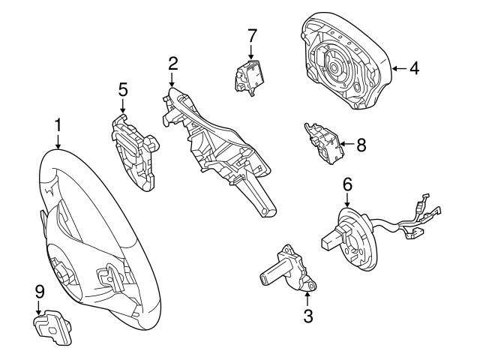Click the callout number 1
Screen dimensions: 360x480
[x=57, y=123]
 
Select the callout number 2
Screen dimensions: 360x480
[x=172, y=63]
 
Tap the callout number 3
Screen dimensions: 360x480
[x=307, y=316]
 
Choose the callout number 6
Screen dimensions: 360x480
[x=347, y=184]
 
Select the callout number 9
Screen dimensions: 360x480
[x=39, y=290]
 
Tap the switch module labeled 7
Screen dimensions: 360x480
[x=252, y=72]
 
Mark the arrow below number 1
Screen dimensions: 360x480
[x=57, y=140]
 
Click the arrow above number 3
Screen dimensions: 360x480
[x=307, y=298]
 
